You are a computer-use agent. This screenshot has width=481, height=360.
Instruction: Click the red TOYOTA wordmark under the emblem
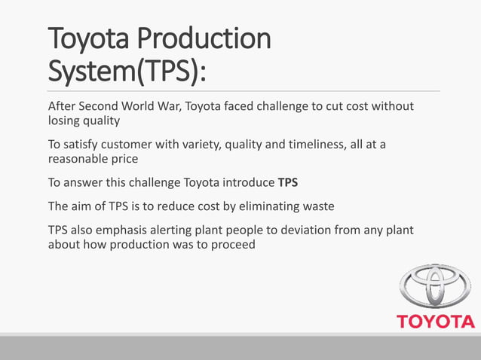tap(436, 322)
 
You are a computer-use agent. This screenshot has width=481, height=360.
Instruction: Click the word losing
tap(66, 121)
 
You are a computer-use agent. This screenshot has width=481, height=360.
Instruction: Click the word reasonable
tap(82, 160)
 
